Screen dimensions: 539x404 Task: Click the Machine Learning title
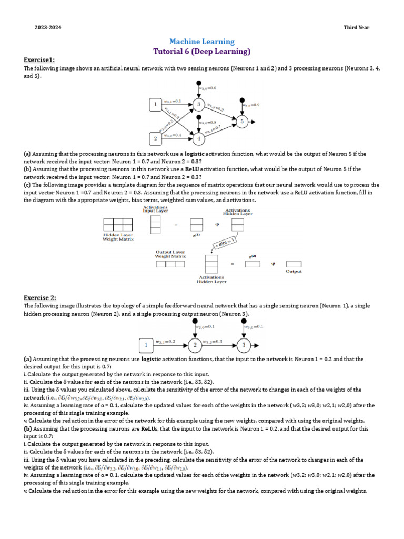tap(201, 42)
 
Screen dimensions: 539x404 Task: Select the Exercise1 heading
tap(39, 60)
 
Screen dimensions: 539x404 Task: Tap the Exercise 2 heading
tap(40, 297)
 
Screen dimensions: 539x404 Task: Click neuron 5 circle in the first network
tap(242, 122)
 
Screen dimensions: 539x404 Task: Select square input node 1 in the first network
tap(156, 105)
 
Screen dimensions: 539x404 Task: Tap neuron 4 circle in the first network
tap(198, 139)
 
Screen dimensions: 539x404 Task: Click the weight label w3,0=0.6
tap(208, 88)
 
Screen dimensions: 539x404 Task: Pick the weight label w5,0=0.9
tap(250, 105)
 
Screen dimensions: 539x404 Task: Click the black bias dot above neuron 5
tap(242, 99)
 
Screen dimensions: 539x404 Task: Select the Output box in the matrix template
tap(294, 264)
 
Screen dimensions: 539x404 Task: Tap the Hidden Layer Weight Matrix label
tap(118, 237)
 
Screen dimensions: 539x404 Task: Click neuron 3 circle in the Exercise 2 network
tap(244, 345)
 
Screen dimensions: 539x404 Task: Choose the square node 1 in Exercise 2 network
tap(146, 345)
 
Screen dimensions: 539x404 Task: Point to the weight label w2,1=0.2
tap(166, 342)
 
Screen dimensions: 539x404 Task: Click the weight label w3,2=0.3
tap(213, 342)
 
